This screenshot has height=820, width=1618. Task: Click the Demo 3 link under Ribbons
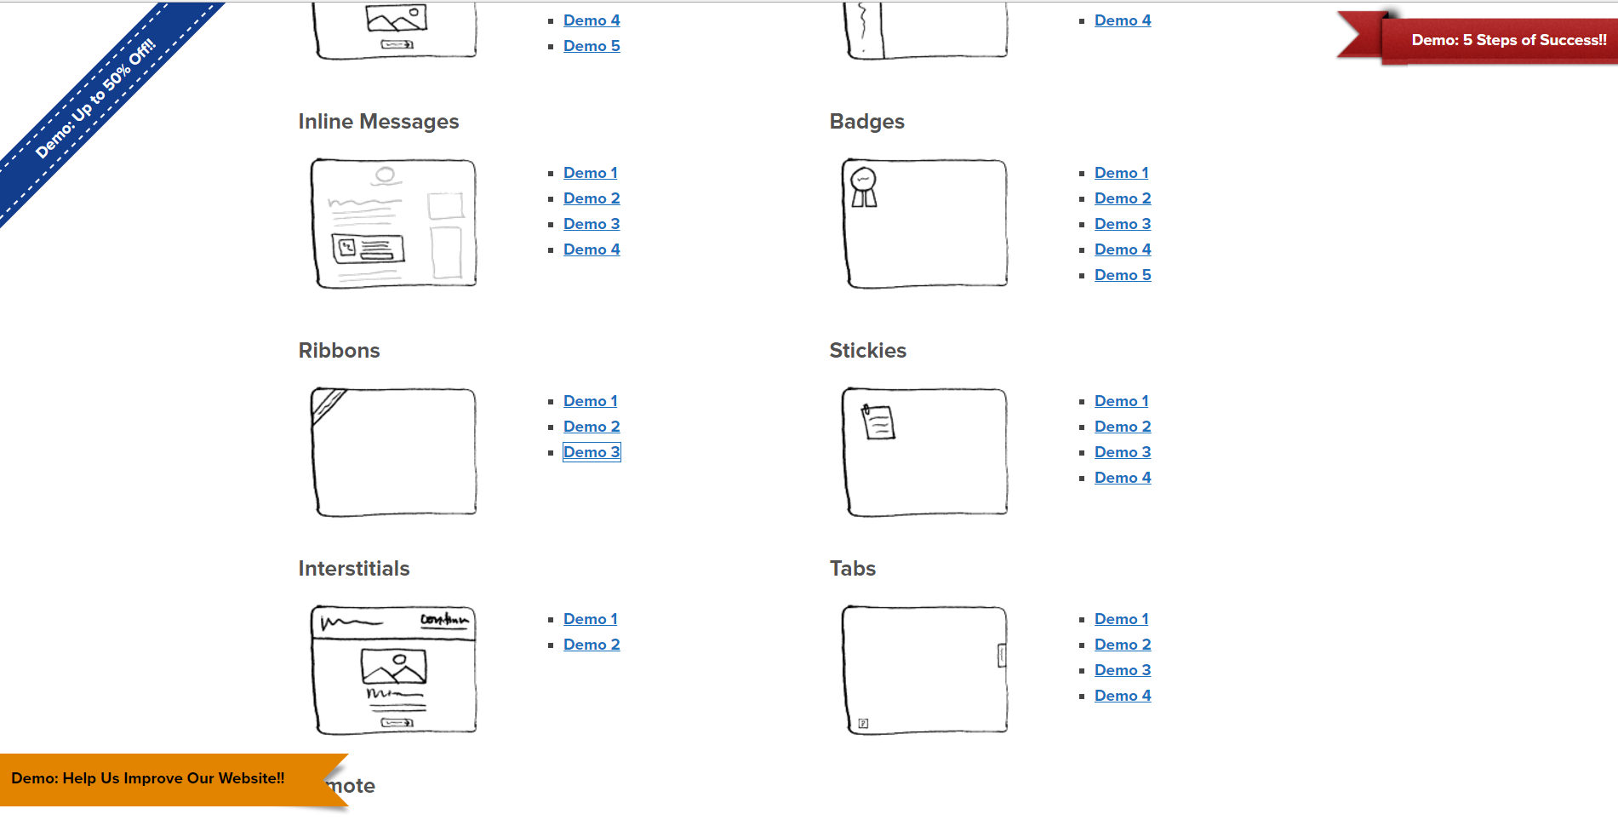click(592, 452)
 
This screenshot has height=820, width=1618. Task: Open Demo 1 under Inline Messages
click(591, 173)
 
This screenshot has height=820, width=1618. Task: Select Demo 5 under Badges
click(1123, 275)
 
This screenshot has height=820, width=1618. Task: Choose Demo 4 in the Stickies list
click(1123, 478)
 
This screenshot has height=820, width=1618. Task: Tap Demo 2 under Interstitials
click(592, 645)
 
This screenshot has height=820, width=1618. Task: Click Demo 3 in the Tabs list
click(1123, 670)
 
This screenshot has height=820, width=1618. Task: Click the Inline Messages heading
click(379, 122)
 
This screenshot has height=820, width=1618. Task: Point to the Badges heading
click(867, 122)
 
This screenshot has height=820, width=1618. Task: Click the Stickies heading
click(868, 351)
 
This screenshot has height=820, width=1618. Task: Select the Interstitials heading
click(354, 569)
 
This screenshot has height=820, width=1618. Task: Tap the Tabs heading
click(853, 569)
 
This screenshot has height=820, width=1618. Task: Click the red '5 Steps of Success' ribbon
click(1498, 40)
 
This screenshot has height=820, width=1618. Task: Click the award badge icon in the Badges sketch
click(864, 186)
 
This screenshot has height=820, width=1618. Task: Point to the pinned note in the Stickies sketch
click(878, 421)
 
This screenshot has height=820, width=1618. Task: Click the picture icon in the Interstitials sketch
click(394, 666)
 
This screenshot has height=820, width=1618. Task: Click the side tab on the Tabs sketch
click(1002, 655)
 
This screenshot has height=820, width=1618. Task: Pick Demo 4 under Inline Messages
click(592, 249)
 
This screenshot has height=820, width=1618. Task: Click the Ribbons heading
click(339, 351)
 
